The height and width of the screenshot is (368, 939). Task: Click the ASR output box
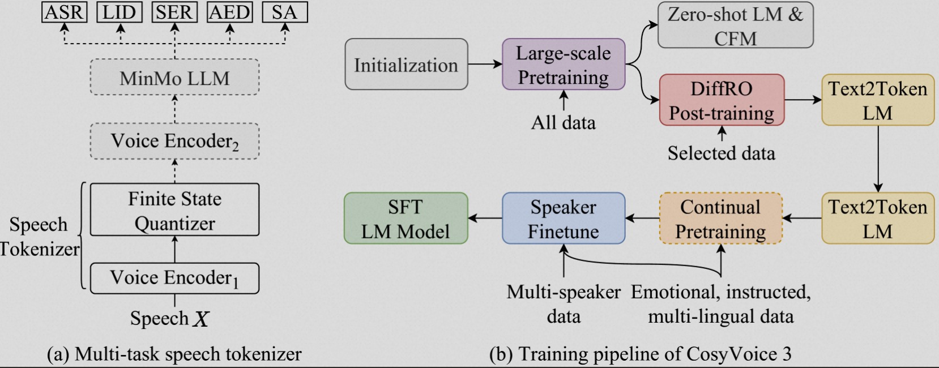[x=64, y=12]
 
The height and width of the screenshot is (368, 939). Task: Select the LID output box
[x=119, y=12]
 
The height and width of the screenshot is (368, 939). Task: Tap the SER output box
[x=174, y=12]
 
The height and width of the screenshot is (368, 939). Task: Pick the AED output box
[x=229, y=12]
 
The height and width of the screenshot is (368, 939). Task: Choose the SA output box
[x=284, y=12]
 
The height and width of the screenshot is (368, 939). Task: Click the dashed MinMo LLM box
[x=174, y=78]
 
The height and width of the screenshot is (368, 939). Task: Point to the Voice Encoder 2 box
[x=174, y=141]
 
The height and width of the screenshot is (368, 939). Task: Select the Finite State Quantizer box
[x=174, y=210]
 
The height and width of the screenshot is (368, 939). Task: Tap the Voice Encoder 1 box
[x=174, y=278]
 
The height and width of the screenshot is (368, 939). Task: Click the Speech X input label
[x=169, y=319]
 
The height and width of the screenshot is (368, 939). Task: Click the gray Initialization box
[x=406, y=65]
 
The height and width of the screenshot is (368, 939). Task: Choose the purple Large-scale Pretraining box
[x=564, y=65]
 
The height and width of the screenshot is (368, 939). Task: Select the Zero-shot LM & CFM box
[x=735, y=26]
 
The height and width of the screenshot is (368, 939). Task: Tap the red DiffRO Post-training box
[x=722, y=100]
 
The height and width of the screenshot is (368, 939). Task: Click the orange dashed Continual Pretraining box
[x=720, y=219]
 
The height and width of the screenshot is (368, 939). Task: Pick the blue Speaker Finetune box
[x=564, y=219]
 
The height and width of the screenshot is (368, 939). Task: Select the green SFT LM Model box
[x=406, y=219]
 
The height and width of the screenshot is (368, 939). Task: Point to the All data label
[x=564, y=122]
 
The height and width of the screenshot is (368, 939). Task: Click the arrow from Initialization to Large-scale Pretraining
[x=485, y=64]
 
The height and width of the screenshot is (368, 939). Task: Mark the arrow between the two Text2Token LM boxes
[x=878, y=159]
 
